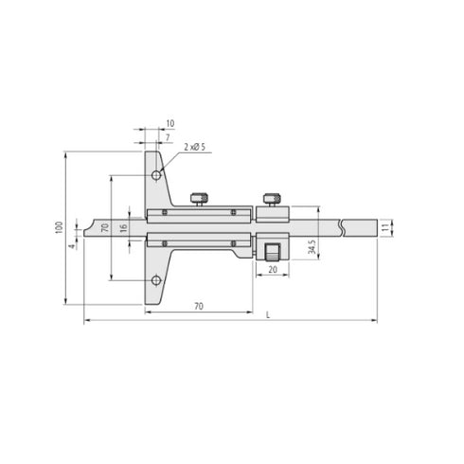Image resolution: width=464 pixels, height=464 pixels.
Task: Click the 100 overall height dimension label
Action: point(59,228)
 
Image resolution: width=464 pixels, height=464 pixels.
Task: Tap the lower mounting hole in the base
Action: point(157,279)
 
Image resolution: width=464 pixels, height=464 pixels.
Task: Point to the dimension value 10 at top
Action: point(170,124)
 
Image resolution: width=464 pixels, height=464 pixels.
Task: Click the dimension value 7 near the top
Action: point(168,137)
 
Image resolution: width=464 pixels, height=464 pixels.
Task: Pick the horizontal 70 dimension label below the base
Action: point(200,307)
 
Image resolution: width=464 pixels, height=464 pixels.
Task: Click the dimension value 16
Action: point(123,230)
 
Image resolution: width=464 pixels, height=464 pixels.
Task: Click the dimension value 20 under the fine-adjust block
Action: point(272,270)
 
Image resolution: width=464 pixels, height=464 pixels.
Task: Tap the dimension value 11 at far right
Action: point(384,228)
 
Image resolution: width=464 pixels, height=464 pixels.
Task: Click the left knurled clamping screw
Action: point(199,198)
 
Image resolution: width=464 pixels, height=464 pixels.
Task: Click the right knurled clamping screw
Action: point(271,197)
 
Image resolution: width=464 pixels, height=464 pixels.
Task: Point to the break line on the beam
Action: point(339,228)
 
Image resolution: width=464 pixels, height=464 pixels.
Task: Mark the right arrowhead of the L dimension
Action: point(372,322)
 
